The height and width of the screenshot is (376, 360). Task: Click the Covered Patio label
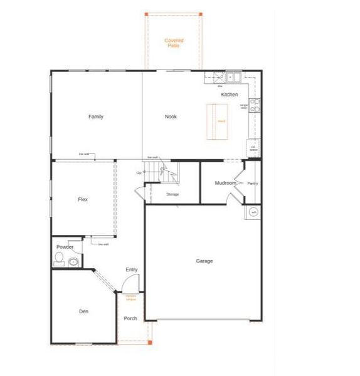click(x=174, y=43)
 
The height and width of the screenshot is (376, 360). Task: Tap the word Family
click(x=96, y=117)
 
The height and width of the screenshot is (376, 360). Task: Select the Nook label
click(x=171, y=117)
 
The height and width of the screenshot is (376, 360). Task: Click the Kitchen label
click(x=230, y=95)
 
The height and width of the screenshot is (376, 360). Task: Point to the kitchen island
click(x=217, y=120)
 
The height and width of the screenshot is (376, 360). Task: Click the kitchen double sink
click(x=234, y=78)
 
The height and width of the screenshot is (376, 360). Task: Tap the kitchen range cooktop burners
click(x=255, y=105)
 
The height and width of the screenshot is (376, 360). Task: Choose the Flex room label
click(x=83, y=199)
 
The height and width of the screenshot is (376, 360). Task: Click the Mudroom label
click(x=225, y=183)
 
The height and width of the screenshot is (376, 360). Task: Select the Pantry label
click(x=253, y=184)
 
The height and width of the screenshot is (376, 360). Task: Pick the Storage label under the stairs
click(x=172, y=194)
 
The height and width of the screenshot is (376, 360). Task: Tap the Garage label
click(x=204, y=261)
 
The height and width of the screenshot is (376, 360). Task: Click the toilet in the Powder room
click(x=59, y=263)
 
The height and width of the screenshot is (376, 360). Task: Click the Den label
click(x=83, y=311)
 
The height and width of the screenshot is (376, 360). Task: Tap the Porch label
click(x=130, y=318)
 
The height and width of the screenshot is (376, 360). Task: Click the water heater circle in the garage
click(x=254, y=212)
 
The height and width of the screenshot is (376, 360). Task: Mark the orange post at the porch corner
click(x=149, y=342)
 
